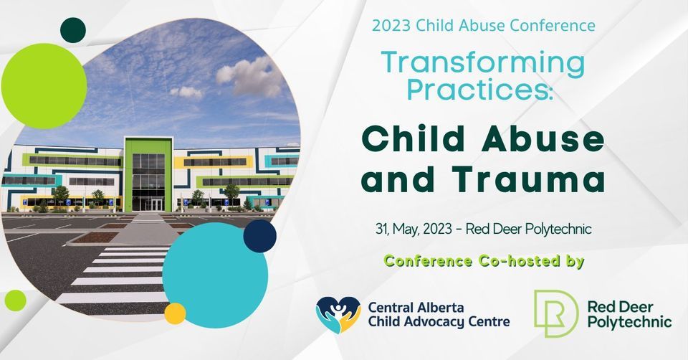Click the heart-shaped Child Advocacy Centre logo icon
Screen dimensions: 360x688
tap(338, 313)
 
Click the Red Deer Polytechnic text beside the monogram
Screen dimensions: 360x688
tap(629, 313)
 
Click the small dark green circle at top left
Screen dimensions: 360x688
tap(72, 29)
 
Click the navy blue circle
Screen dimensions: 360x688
tap(259, 236)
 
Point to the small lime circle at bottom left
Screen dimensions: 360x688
tap(15, 300)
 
